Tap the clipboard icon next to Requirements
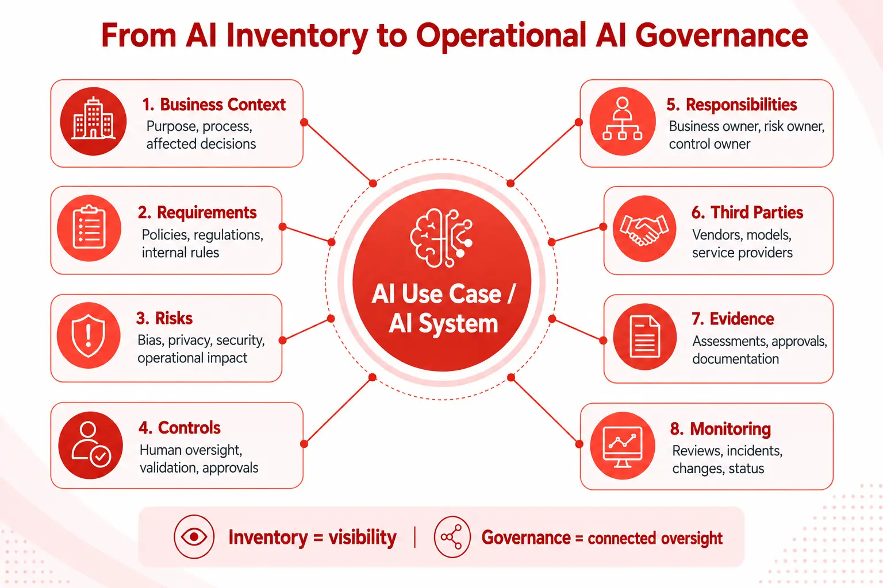[x=89, y=228]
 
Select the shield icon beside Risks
[x=89, y=335]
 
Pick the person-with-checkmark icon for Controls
[x=91, y=445]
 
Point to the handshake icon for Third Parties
[x=644, y=229]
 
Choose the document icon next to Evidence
[x=644, y=336]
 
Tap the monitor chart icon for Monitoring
[x=623, y=446]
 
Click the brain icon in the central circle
[x=441, y=238]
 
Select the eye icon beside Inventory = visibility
[x=194, y=536]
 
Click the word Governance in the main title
[x=721, y=36]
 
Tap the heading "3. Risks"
[x=164, y=318]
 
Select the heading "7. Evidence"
[x=733, y=319]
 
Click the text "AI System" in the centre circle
[x=443, y=324]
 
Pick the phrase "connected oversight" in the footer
[x=655, y=539]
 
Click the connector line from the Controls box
[x=338, y=411]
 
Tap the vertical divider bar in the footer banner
[x=415, y=537]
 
